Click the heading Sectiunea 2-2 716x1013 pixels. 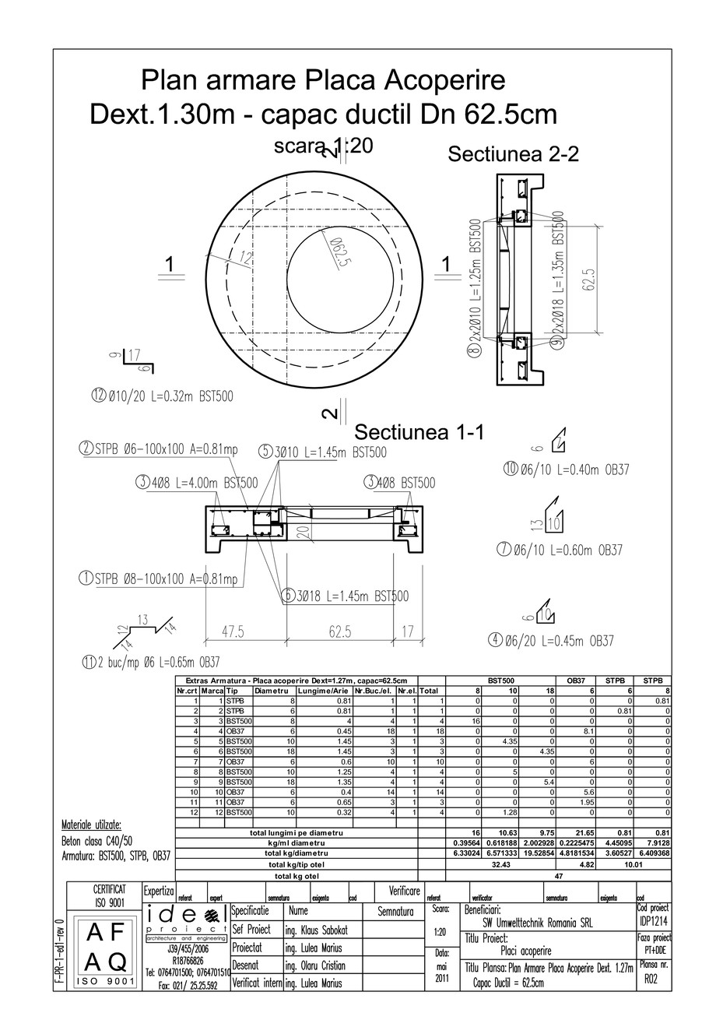(513, 153)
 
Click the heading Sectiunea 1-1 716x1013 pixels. (419, 432)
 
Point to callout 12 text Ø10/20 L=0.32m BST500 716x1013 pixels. (162, 396)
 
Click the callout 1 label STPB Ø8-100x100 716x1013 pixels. (159, 579)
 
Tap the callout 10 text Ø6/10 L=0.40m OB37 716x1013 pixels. (566, 470)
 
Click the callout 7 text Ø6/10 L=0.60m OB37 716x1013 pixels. (560, 550)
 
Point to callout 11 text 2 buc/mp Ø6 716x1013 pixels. (151, 663)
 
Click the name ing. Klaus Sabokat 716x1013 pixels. (315, 930)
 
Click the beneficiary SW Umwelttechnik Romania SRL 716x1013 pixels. (537, 923)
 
